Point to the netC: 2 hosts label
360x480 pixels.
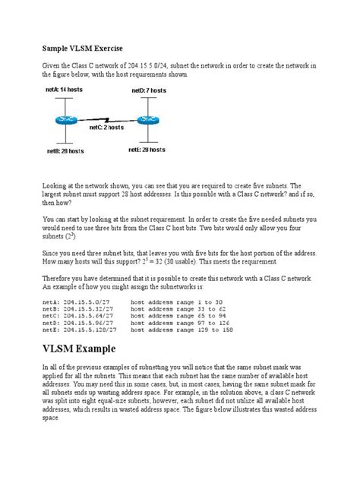point(106,128)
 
